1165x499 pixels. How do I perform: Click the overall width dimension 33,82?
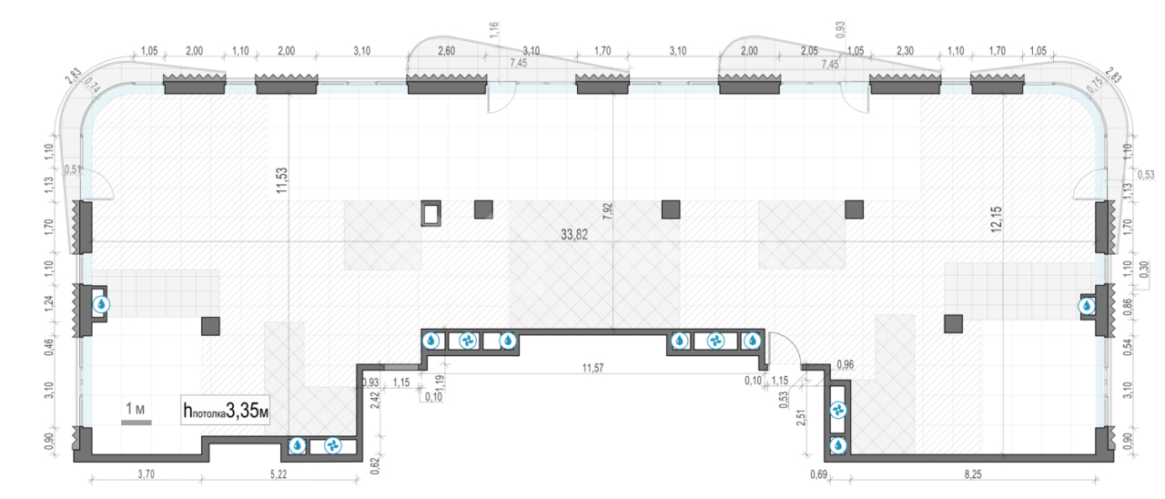coord(574,235)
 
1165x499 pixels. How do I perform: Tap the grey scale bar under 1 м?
coord(137,423)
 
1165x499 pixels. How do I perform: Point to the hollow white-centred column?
coord(431,213)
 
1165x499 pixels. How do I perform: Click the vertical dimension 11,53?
coord(282,180)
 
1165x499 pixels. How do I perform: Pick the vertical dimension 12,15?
coord(996,219)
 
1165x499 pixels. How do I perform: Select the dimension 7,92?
coord(607,211)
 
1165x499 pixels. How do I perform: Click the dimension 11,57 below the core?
coord(593,369)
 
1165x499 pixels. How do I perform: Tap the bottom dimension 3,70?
coord(147,474)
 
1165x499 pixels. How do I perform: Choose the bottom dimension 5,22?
coord(279,474)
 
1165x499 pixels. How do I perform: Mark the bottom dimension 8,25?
coord(973,474)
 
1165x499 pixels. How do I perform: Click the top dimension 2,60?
coord(446,51)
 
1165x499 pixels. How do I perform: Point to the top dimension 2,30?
coord(905,51)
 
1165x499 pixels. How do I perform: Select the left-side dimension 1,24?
coord(49,303)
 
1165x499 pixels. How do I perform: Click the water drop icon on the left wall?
coord(101,304)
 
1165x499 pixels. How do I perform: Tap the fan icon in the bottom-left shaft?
coord(333,446)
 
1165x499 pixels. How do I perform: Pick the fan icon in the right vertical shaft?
coord(838,411)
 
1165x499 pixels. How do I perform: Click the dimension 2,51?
coord(801,418)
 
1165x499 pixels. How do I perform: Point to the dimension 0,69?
coord(818,474)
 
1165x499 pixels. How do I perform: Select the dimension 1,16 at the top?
coord(494,29)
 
